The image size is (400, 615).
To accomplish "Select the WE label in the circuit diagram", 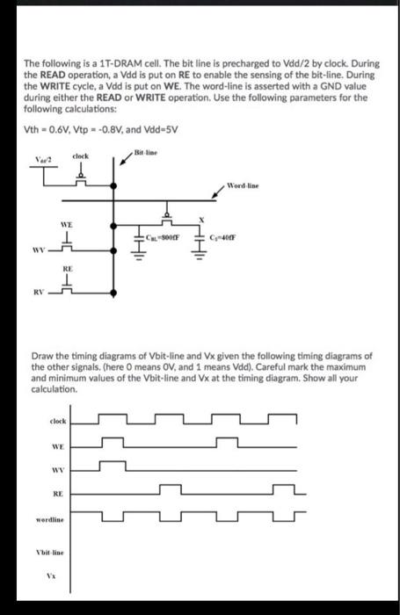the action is tap(66, 224).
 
